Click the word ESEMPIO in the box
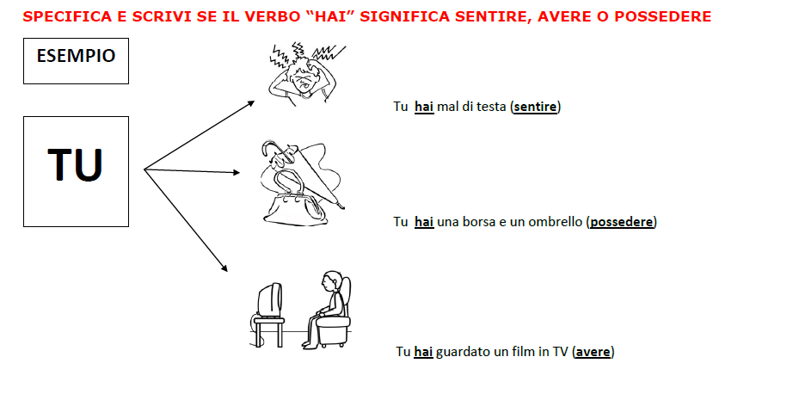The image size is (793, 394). [76, 56]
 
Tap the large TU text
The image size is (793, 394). [76, 164]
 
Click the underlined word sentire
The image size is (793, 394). [535, 108]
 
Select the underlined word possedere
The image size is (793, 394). [622, 222]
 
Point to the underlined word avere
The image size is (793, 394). [593, 352]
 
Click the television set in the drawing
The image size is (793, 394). [269, 300]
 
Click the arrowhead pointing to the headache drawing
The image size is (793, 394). [251, 102]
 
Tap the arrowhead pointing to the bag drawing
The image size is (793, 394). [236, 172]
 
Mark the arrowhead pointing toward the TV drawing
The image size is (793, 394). [224, 268]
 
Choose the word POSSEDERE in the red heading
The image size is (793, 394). [663, 17]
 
